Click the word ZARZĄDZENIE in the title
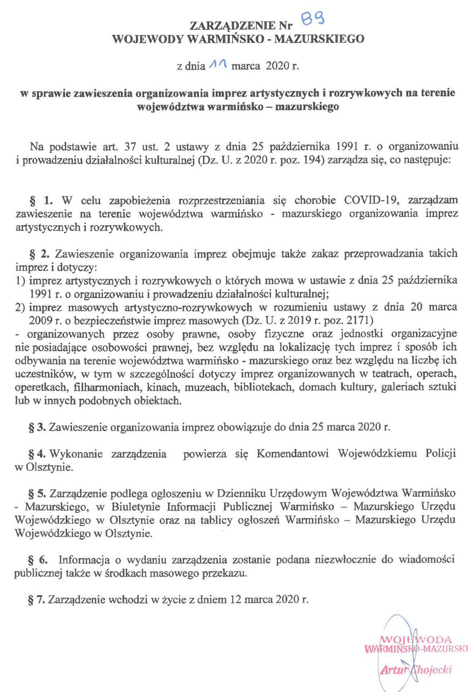(x=232, y=26)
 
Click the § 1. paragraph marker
(x=41, y=201)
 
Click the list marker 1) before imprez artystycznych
(x=20, y=281)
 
